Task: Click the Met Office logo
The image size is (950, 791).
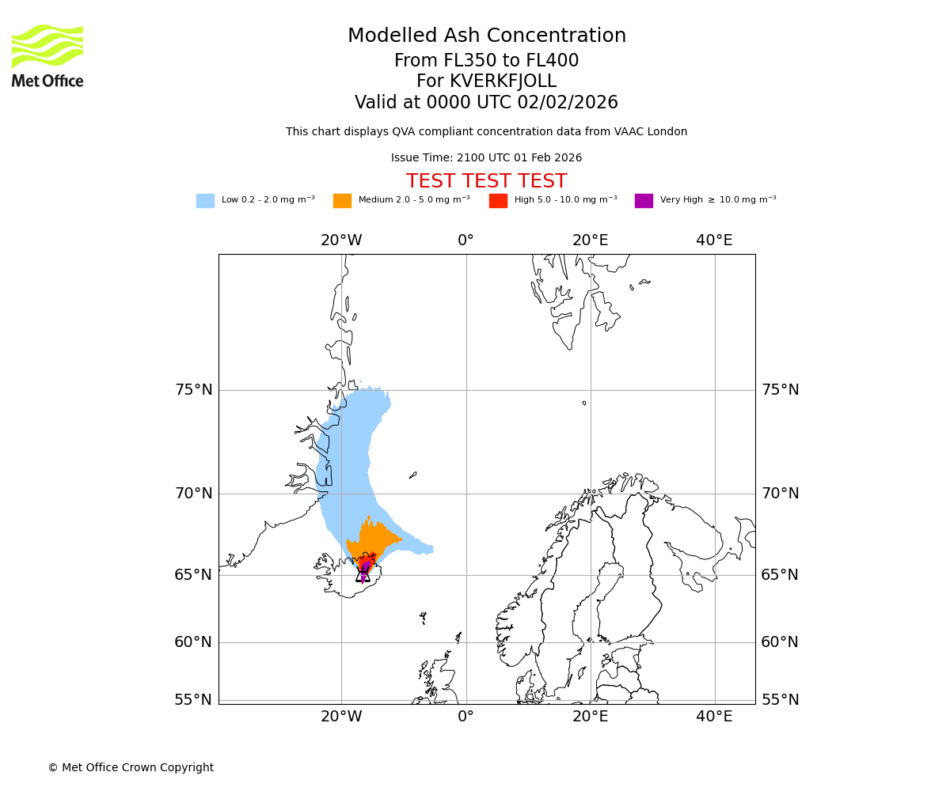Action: click(x=47, y=55)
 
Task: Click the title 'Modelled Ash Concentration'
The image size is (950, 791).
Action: click(x=486, y=36)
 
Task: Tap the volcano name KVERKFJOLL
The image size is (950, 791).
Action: click(x=503, y=81)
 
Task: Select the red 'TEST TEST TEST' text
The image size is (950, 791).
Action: click(x=486, y=182)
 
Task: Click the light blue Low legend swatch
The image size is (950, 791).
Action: click(x=205, y=201)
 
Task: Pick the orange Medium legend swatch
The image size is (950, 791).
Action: click(x=342, y=201)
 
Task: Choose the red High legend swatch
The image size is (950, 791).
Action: click(x=498, y=201)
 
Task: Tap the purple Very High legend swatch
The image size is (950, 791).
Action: click(x=644, y=201)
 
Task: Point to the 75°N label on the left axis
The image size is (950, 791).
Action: click(x=193, y=390)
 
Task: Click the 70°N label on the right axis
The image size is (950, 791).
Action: click(x=780, y=494)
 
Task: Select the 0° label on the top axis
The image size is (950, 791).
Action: click(x=465, y=240)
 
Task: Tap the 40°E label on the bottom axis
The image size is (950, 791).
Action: click(x=714, y=717)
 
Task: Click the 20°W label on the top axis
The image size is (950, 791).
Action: click(x=341, y=240)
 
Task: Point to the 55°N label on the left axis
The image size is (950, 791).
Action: click(x=193, y=700)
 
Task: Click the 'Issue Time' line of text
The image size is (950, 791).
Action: click(x=486, y=158)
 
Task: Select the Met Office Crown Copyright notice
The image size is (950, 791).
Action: click(x=131, y=768)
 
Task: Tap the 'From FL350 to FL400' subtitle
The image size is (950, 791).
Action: click(x=486, y=61)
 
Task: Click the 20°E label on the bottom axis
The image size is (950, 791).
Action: click(x=590, y=717)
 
